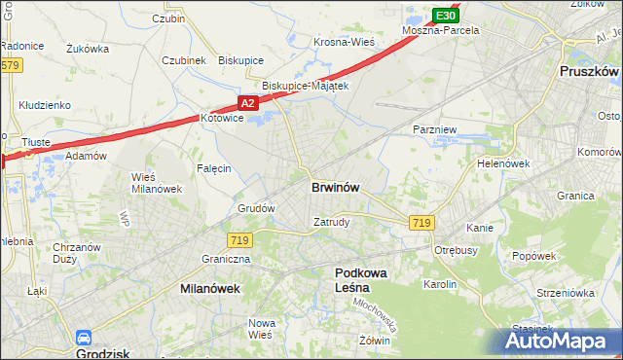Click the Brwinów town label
[338, 187]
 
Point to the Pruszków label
[590, 72]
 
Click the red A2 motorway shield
[247, 102]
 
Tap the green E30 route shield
[445, 16]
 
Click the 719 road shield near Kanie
[421, 223]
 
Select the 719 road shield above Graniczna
[239, 239]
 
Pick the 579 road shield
[10, 66]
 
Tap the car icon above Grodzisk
[84, 339]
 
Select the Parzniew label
[434, 128]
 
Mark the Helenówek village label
[502, 163]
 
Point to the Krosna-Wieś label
[344, 43]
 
